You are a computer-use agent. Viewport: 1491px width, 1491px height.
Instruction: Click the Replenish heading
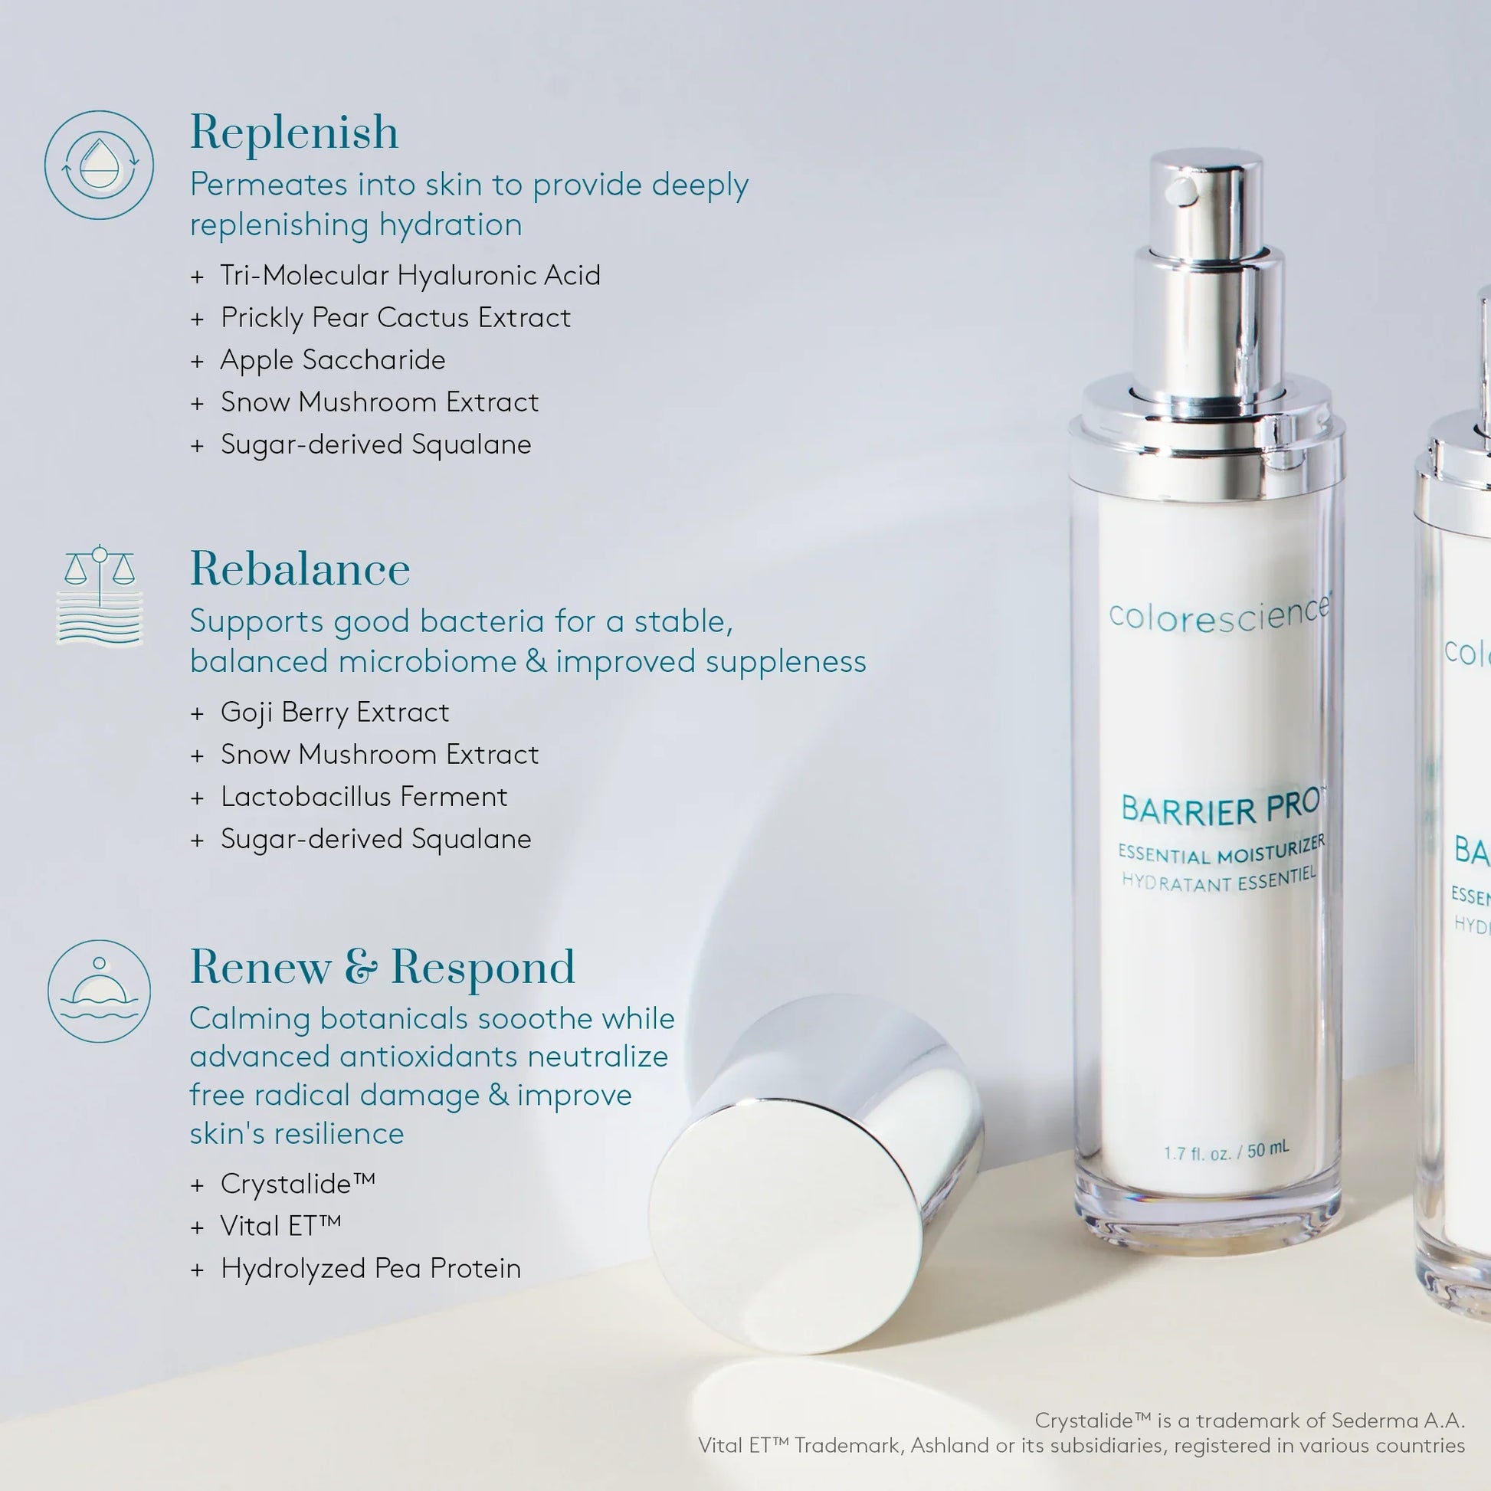coord(294,132)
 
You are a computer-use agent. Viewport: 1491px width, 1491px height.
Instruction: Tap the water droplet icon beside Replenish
coord(99,165)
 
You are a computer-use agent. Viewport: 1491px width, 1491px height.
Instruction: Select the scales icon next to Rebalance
coord(100,595)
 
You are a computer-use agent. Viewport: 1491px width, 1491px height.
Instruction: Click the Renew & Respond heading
coord(382,967)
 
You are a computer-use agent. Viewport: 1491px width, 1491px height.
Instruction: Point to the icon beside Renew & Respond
coord(99,991)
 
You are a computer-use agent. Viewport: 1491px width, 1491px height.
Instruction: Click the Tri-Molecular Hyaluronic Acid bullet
coord(409,276)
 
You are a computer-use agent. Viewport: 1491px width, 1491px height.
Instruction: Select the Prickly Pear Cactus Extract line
coord(395,318)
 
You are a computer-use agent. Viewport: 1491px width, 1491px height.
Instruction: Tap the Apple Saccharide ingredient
coord(333,360)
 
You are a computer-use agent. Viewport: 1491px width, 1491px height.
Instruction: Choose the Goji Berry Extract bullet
coord(334,712)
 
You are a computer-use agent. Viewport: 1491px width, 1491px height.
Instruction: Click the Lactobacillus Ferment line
coord(363,796)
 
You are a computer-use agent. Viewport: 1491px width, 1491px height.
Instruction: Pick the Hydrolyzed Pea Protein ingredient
coord(370,1268)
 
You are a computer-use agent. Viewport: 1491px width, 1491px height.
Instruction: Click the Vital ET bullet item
coord(280,1226)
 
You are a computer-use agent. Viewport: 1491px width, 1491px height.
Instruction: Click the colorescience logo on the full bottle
coord(1218,616)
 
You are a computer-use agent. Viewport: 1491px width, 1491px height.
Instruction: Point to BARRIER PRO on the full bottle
coord(1219,808)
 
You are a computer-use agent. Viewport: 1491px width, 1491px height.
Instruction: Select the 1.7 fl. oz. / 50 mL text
coord(1226,1152)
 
